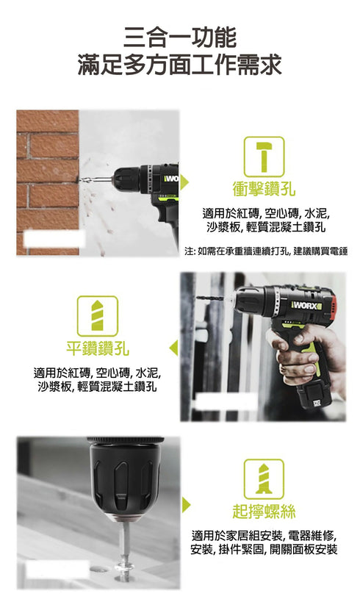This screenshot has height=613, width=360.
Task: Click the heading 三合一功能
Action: [180, 36]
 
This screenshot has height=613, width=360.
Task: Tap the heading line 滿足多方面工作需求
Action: [180, 65]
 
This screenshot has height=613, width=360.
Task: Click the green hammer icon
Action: [264, 156]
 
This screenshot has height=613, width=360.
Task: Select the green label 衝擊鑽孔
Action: [264, 189]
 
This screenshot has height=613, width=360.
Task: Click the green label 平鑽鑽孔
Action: [98, 348]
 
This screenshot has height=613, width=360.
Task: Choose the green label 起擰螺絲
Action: [264, 511]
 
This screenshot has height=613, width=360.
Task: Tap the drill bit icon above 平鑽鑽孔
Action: [98, 315]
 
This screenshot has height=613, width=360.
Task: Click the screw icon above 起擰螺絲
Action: [264, 478]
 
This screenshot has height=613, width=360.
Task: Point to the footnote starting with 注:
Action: [266, 251]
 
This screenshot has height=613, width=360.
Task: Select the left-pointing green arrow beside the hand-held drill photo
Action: [173, 348]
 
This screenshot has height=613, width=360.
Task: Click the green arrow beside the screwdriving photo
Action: [186, 503]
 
